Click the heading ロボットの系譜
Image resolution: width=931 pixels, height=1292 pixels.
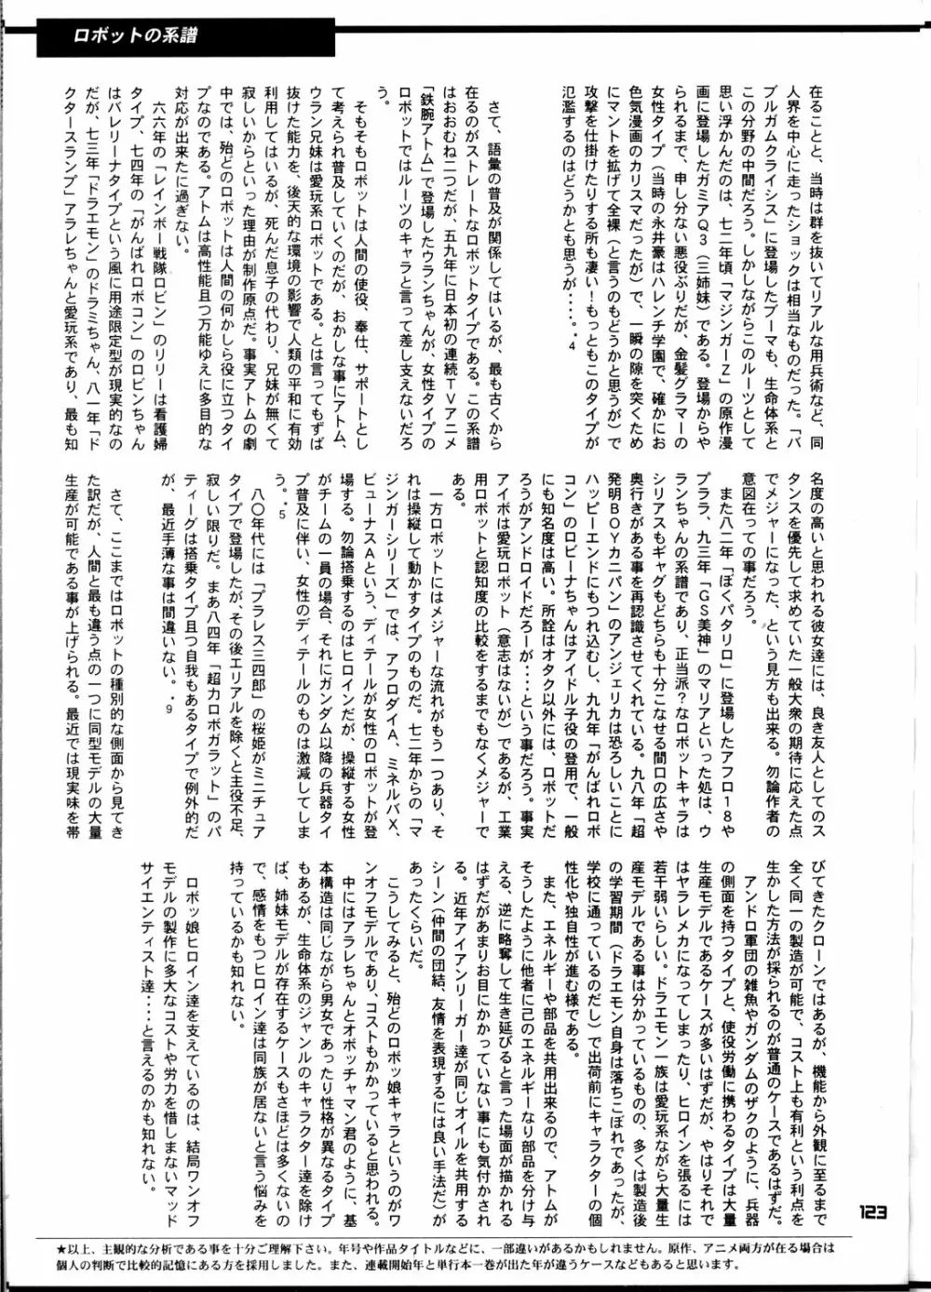[135, 38]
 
